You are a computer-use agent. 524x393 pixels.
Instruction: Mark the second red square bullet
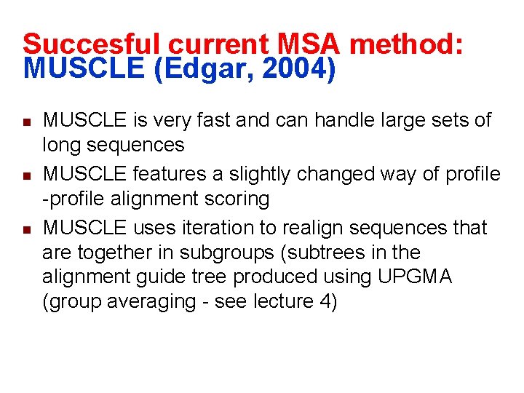tap(25, 175)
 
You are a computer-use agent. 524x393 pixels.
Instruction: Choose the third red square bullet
tap(25, 229)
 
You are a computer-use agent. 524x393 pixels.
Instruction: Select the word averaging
tap(150, 302)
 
